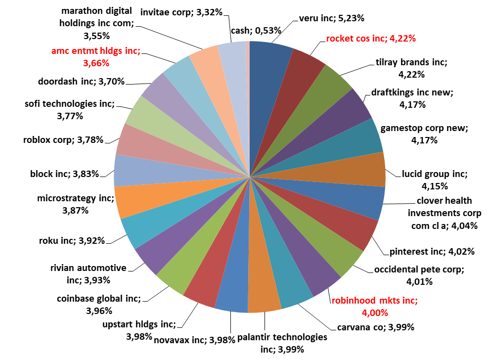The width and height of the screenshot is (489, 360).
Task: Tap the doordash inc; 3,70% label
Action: [x=81, y=82]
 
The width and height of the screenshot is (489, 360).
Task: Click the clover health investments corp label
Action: [x=444, y=213]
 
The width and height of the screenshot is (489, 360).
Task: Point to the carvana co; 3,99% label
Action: [x=375, y=327]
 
